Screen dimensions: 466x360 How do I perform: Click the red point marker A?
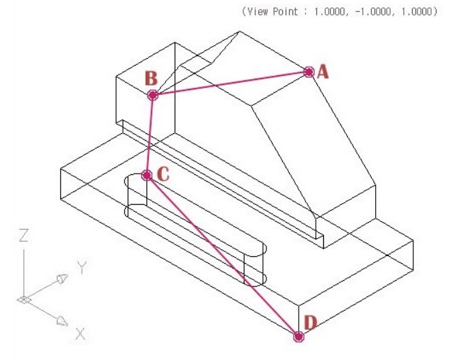click(x=309, y=72)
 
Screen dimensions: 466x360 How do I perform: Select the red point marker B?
click(x=153, y=96)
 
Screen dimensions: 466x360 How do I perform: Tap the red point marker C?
click(x=147, y=176)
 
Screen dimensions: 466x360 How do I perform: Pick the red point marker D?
click(x=299, y=337)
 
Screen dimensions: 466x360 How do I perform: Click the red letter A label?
click(x=323, y=72)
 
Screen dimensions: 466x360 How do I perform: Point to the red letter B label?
click(x=151, y=79)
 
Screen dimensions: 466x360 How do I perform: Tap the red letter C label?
click(x=163, y=174)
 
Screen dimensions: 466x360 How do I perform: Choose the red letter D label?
click(x=311, y=323)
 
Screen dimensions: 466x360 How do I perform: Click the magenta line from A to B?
click(x=231, y=83)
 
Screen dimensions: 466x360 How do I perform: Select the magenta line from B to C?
click(x=150, y=135)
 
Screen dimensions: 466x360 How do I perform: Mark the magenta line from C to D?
click(x=223, y=256)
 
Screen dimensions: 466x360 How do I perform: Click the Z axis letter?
click(x=23, y=235)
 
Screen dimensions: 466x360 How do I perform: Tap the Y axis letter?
click(x=82, y=267)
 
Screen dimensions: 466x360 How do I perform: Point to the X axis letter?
click(x=80, y=333)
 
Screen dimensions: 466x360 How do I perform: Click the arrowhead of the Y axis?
click(x=62, y=278)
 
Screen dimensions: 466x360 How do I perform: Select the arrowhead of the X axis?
click(x=62, y=321)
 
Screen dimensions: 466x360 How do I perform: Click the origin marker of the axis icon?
click(x=24, y=300)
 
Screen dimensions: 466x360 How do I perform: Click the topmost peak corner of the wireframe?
click(x=240, y=31)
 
